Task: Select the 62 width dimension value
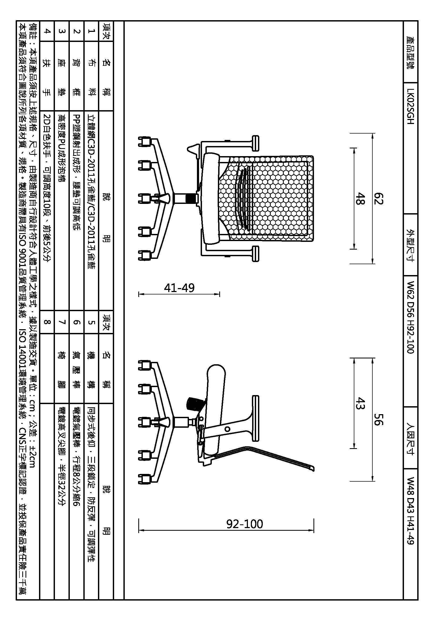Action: click(378, 199)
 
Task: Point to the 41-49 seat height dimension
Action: click(179, 288)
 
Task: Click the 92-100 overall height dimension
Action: click(244, 524)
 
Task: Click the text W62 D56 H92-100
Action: click(410, 317)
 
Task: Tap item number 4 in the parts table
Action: click(47, 31)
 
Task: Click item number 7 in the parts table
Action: click(62, 322)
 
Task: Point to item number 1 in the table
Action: click(91, 31)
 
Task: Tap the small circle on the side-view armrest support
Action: click(227, 429)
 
